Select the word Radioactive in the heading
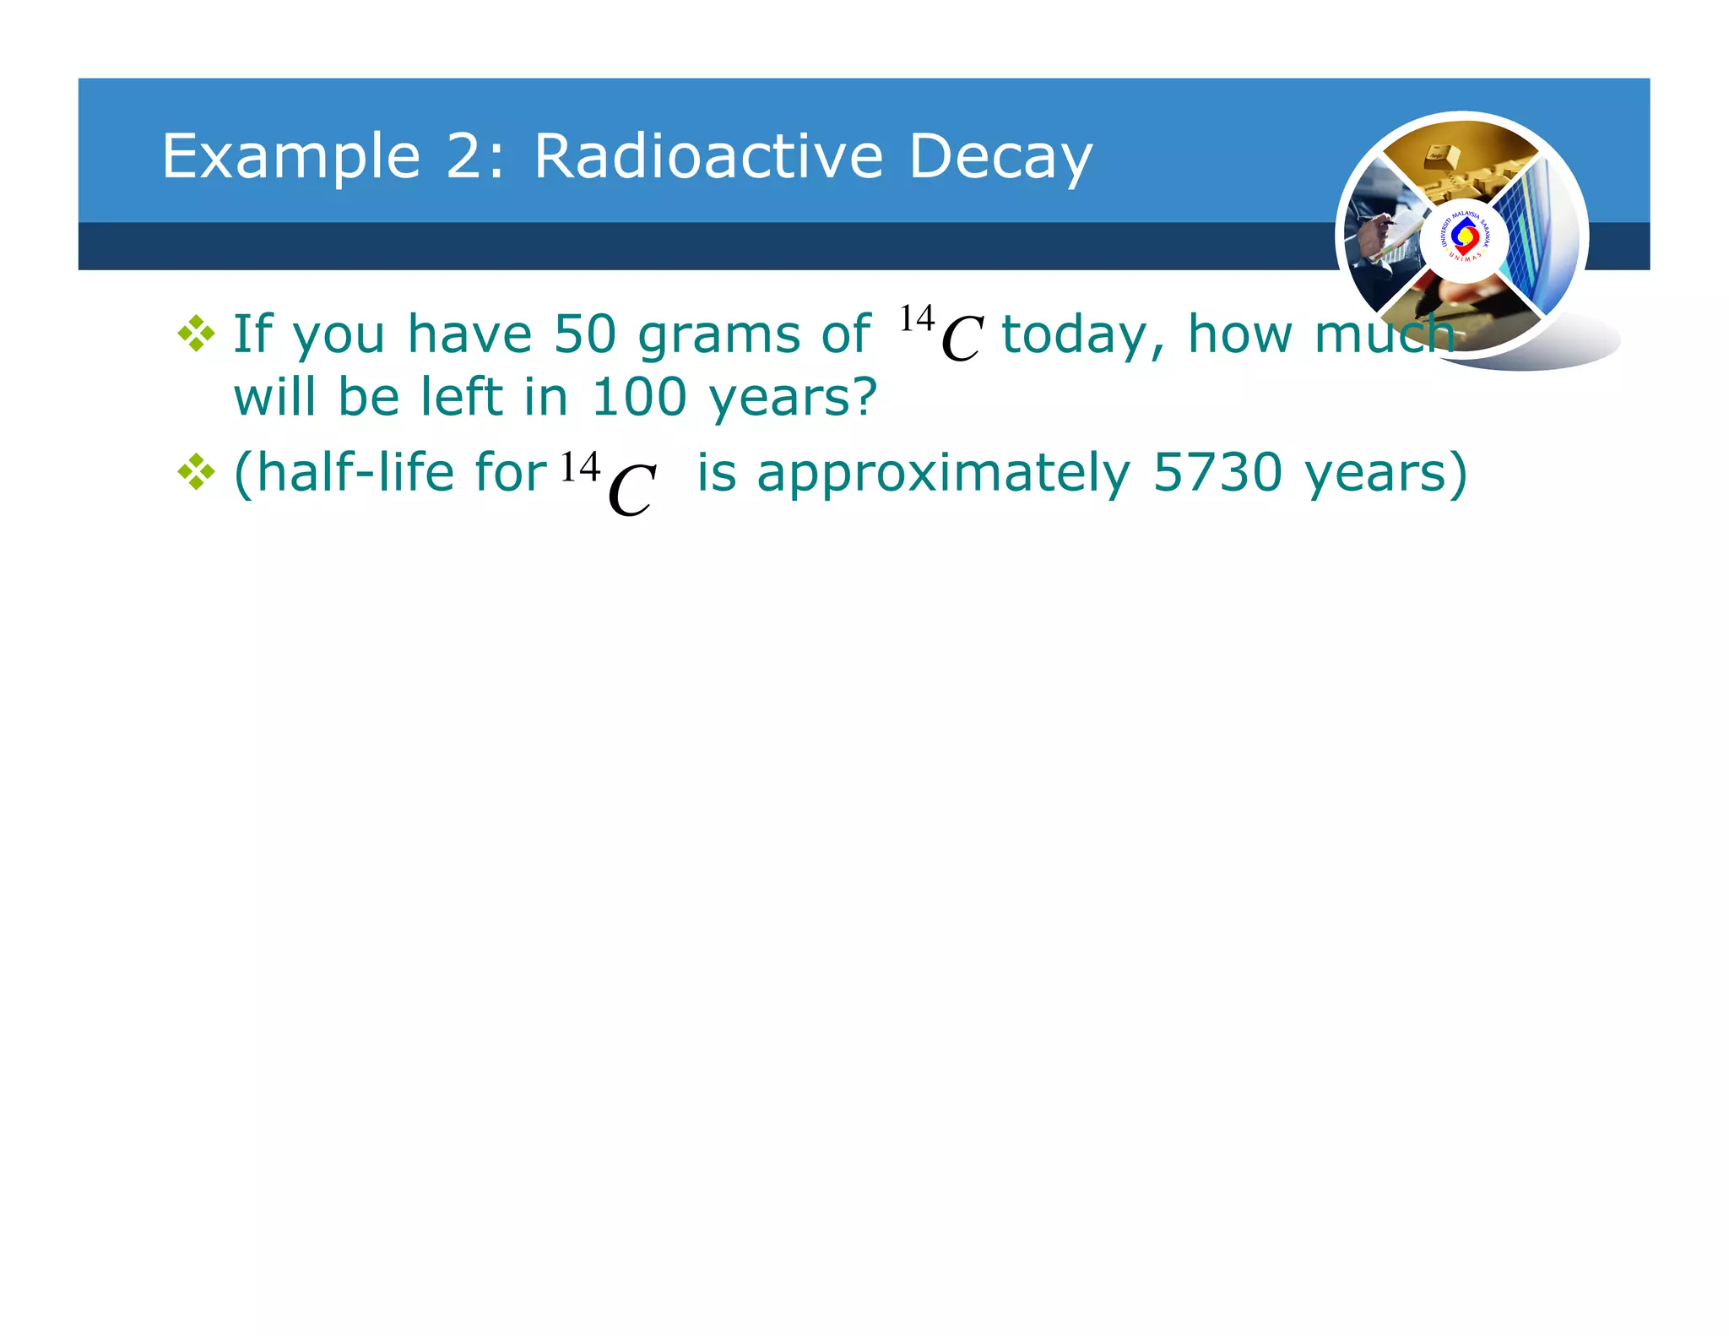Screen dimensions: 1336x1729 tap(708, 156)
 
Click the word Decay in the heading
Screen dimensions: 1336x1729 tap(1000, 158)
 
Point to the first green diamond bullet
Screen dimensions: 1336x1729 tap(196, 333)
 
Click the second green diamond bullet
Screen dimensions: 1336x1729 tap(196, 471)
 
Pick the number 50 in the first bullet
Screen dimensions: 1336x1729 tap(585, 334)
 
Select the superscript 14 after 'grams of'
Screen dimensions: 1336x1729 tap(916, 319)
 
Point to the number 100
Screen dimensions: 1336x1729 tap(639, 397)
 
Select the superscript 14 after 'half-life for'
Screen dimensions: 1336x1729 tap(580, 466)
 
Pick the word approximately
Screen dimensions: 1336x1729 tap(943, 474)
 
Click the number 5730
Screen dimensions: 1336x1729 tap(1217, 472)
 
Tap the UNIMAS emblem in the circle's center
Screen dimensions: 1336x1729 tap(1465, 238)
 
